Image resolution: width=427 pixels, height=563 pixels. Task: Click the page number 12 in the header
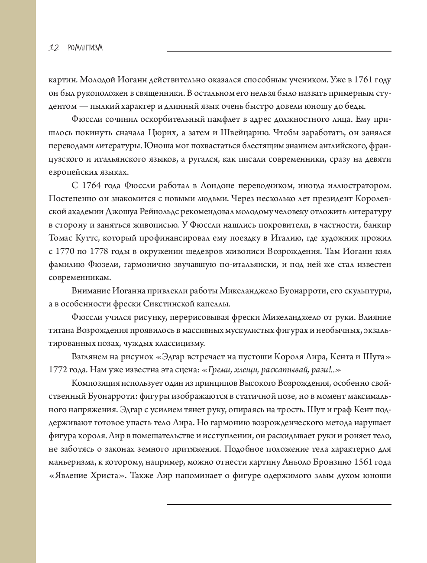point(54,48)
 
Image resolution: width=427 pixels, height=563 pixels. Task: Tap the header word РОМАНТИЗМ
point(85,48)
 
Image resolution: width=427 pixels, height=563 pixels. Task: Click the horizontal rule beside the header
point(279,51)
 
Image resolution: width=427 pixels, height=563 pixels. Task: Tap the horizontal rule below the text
point(279,504)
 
